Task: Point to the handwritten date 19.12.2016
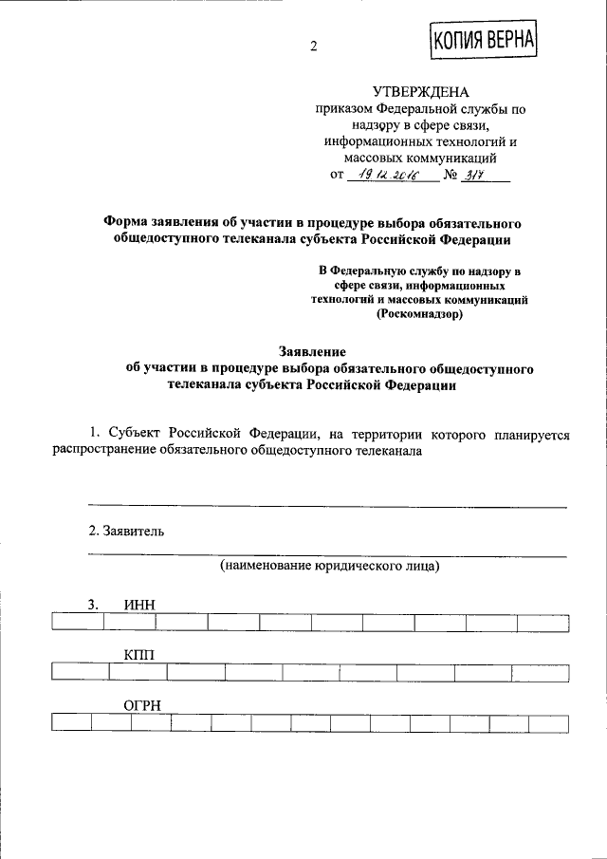coord(393,175)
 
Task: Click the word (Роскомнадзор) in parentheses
coord(420,315)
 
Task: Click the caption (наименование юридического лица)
coord(329,567)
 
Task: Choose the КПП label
coord(138,655)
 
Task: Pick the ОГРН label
coord(144,705)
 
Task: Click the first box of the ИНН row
coord(78,623)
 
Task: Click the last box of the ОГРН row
coord(549,722)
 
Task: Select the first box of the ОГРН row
coord(71,722)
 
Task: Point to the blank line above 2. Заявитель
coord(327,507)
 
